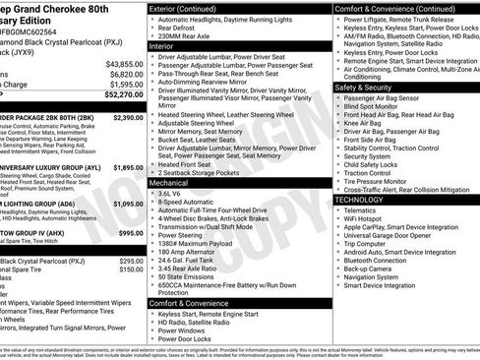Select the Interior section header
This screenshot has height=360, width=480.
(x=168, y=44)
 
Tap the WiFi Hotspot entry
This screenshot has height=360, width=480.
(x=368, y=220)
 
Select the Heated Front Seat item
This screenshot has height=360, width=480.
(x=191, y=162)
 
